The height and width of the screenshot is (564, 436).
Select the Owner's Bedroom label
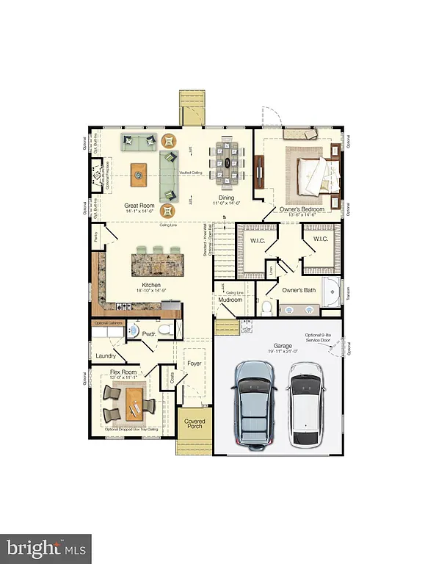pos(302,210)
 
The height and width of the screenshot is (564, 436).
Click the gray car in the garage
pos(252,405)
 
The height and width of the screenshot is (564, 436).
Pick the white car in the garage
pos(308,408)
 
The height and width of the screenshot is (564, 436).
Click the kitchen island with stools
pos(157,262)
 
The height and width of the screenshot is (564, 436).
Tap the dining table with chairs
pos(226,162)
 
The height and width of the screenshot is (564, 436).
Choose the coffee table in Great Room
pos(138,173)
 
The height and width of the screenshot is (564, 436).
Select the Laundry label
pos(107,356)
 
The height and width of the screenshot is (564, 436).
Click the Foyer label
pos(194,363)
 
